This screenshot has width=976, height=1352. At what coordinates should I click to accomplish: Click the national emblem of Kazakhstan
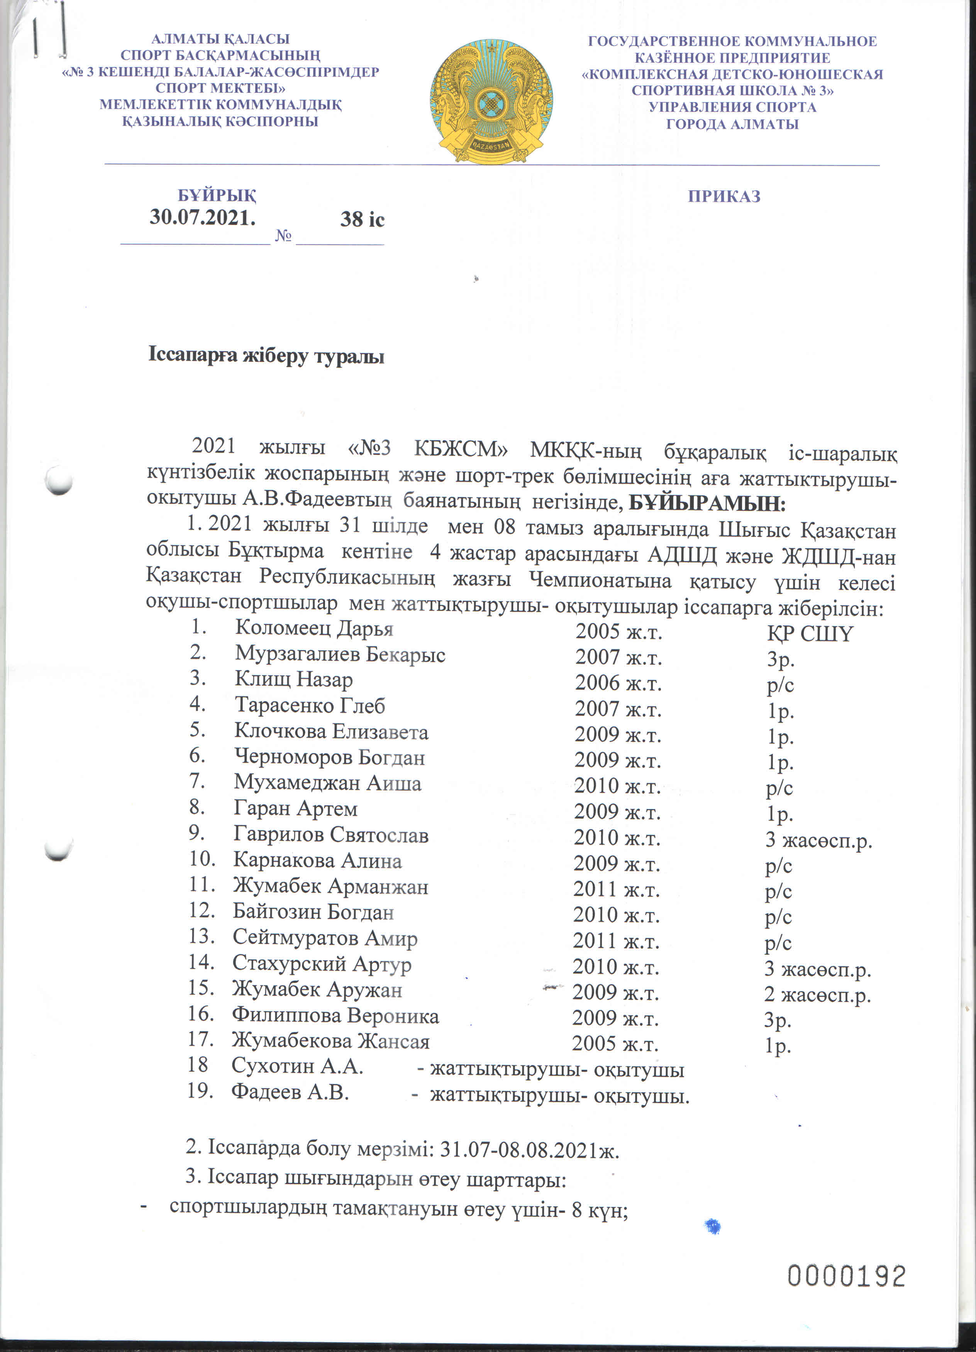(491, 101)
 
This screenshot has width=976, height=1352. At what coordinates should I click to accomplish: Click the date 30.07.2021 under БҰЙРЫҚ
(203, 218)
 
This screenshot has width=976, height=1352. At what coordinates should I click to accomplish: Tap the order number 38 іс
(362, 220)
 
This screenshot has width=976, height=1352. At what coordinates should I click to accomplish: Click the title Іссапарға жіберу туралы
(266, 356)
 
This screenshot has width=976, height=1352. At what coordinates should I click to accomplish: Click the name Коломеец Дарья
(314, 628)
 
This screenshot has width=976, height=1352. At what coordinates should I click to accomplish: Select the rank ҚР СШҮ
(810, 633)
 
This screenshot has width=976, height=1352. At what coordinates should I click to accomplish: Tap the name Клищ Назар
(293, 679)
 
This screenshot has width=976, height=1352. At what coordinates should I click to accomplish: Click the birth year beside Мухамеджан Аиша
(617, 786)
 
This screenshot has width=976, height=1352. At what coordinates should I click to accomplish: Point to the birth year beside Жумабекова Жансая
(615, 1044)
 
